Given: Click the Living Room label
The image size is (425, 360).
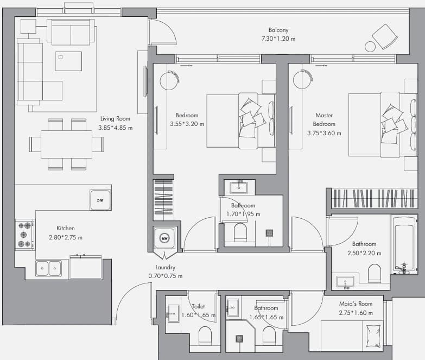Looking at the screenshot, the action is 115,119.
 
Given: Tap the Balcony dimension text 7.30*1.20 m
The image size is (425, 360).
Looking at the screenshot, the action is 278,39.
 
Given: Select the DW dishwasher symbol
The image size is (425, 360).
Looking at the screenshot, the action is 100,200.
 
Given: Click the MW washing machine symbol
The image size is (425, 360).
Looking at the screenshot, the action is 164,238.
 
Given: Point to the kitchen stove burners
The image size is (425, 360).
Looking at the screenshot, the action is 24,235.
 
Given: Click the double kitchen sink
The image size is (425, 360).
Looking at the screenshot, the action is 48,268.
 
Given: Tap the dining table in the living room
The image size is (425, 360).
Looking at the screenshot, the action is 66,144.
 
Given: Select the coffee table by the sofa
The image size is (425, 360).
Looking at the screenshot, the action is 68,61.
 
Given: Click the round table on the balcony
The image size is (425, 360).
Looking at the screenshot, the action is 370,47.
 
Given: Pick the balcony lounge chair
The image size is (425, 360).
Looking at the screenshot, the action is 385,36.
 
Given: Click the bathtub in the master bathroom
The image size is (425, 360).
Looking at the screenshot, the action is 404,244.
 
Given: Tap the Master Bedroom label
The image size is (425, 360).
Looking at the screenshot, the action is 324,119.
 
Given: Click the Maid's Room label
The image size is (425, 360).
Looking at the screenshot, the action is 356,304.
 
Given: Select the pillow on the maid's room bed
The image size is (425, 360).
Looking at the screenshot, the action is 373,336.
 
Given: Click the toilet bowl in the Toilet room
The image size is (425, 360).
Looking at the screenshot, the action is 205,336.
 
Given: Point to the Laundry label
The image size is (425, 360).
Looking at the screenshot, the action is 166,267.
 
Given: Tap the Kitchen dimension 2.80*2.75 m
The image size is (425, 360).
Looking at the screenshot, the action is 66,237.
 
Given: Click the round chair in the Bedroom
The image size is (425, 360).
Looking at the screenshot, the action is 169,80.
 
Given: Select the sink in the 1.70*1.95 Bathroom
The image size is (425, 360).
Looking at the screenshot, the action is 239,187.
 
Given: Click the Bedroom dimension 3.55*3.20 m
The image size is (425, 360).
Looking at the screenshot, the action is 187,124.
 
